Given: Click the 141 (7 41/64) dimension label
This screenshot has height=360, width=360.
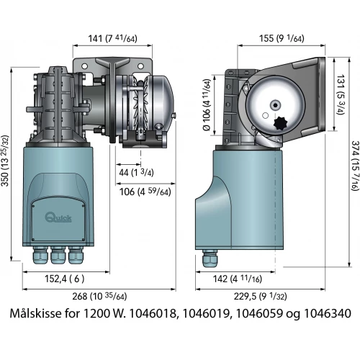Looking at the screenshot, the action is click(x=113, y=38).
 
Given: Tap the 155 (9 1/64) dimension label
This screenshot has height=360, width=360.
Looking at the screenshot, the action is click(x=282, y=38).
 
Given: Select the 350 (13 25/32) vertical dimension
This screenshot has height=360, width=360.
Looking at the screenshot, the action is click(x=5, y=161).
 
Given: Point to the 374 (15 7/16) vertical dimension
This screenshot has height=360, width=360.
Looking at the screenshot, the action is click(x=355, y=166).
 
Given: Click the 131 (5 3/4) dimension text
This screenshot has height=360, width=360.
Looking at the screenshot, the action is click(x=341, y=94).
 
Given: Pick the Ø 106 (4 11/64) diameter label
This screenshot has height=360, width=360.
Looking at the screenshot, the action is click(x=207, y=105).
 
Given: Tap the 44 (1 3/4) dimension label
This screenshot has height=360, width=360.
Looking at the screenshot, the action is click(x=136, y=173).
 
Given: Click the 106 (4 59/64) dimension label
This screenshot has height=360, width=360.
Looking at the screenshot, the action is click(x=145, y=192).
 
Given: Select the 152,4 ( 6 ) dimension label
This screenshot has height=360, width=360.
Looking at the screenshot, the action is click(x=65, y=279).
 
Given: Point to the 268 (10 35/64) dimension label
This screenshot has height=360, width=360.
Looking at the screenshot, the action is click(x=99, y=297).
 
